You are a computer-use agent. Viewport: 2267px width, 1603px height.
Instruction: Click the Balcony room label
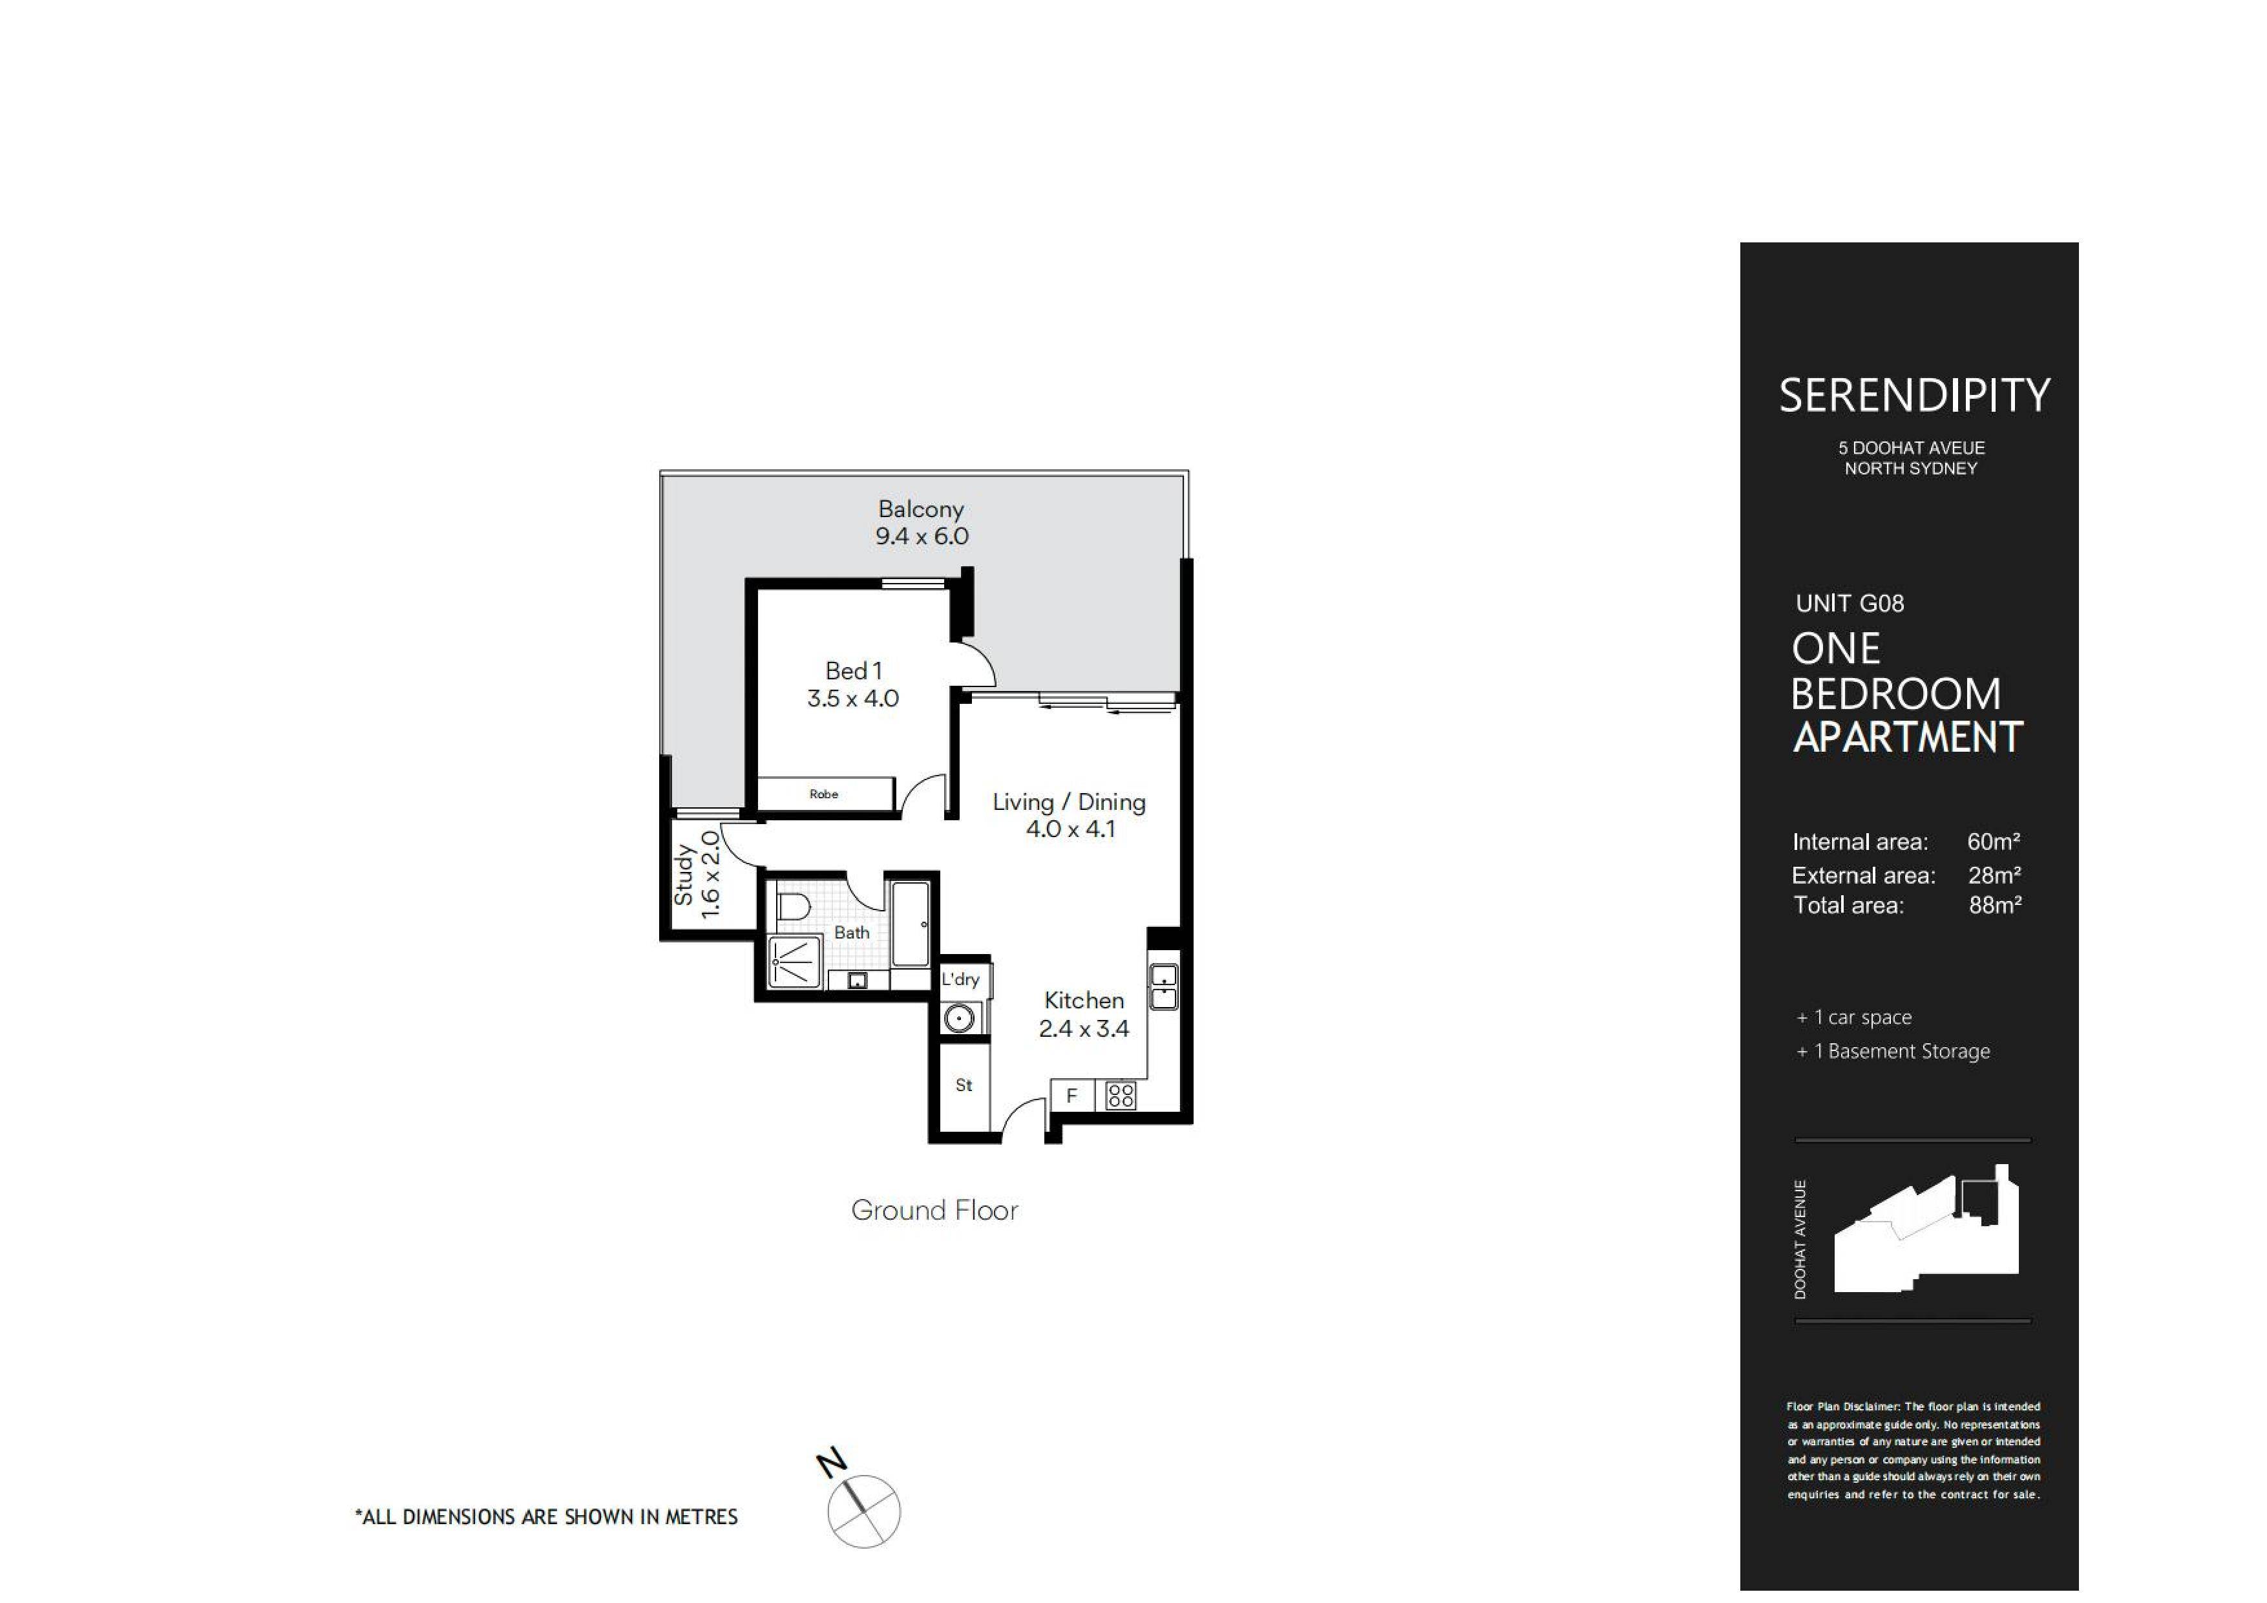point(920,509)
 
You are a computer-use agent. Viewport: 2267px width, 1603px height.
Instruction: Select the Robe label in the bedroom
point(823,794)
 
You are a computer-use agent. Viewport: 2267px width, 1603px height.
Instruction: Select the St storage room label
point(964,1085)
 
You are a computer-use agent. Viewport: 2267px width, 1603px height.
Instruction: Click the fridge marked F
point(1071,1096)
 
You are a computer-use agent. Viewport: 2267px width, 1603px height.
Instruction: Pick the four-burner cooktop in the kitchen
point(1121,1096)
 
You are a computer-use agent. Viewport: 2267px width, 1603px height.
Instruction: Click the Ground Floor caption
point(934,1210)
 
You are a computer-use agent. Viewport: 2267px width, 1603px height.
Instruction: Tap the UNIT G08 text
point(1850,604)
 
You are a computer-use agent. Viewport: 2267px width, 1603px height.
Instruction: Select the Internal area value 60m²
point(1992,842)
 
